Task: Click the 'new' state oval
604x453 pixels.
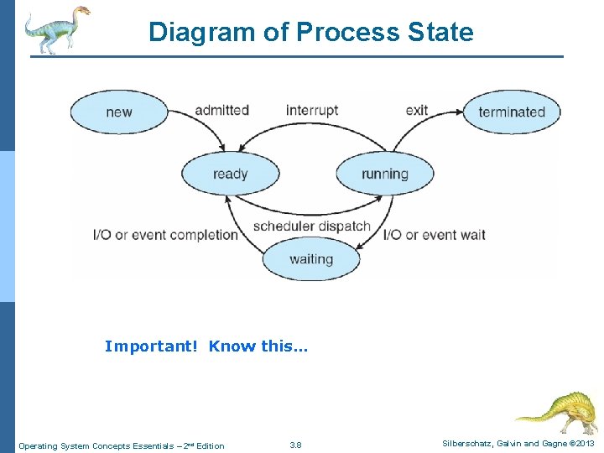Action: pos(118,112)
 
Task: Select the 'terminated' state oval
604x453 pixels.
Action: pos(512,112)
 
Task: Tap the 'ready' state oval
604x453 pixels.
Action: pos(230,174)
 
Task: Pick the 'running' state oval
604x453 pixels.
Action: pos(384,174)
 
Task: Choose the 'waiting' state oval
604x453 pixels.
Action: pos(310,258)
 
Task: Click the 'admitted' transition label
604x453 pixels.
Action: pos(221,110)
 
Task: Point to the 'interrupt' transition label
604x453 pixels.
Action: pos(312,110)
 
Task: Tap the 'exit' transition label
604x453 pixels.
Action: pos(416,110)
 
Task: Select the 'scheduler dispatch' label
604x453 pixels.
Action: pos(311,226)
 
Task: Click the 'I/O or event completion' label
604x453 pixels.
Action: pos(165,234)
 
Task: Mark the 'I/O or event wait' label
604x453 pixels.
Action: pos(435,234)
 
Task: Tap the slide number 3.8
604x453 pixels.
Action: pos(295,445)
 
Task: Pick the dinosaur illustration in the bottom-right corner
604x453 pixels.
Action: pos(557,412)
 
